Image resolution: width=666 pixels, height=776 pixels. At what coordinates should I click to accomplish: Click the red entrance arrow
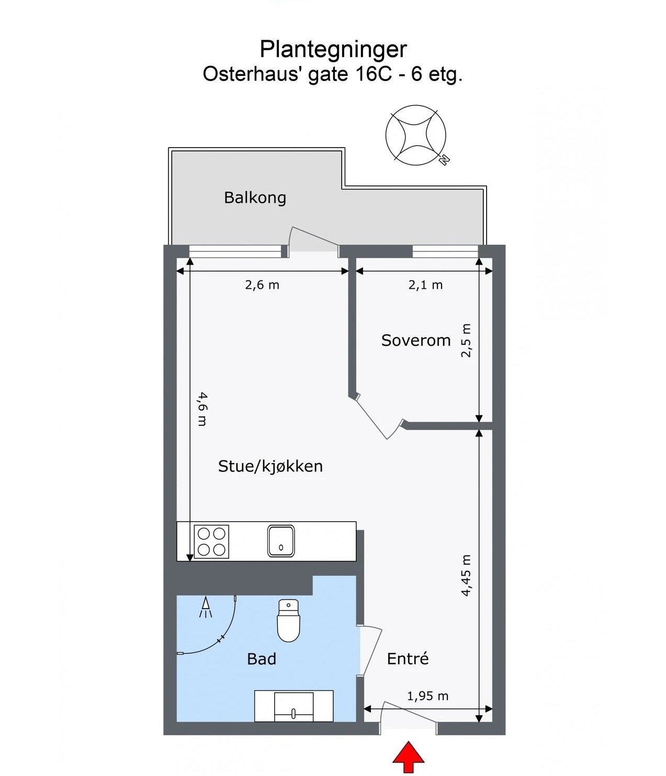(x=409, y=757)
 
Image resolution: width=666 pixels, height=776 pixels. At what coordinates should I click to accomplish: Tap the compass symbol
(x=416, y=136)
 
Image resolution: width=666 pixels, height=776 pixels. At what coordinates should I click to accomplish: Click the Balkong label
(x=255, y=198)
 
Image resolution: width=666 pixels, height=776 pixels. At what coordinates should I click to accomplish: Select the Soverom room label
(x=416, y=341)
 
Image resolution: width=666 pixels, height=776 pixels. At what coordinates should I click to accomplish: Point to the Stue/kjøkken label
(x=270, y=466)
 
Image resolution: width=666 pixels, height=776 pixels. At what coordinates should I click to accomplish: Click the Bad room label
(x=262, y=659)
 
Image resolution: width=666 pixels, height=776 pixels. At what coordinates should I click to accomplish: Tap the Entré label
(x=408, y=659)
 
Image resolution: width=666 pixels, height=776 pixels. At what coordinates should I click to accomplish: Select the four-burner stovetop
(x=211, y=542)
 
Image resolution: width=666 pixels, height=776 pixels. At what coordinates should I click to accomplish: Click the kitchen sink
(x=281, y=541)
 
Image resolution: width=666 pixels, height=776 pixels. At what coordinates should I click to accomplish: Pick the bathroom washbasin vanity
(x=294, y=706)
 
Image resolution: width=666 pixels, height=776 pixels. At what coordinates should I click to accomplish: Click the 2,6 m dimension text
(x=262, y=285)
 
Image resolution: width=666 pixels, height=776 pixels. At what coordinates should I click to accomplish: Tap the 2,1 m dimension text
(x=425, y=285)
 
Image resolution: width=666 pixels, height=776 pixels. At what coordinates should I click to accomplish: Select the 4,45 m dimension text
(x=466, y=576)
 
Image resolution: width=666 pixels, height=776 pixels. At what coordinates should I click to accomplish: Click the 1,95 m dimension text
(x=427, y=696)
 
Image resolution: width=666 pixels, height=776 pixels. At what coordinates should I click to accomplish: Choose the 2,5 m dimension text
(x=466, y=341)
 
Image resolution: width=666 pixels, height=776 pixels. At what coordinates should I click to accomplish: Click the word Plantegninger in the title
(x=333, y=49)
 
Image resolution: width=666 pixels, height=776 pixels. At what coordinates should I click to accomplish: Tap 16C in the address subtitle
(x=373, y=74)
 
